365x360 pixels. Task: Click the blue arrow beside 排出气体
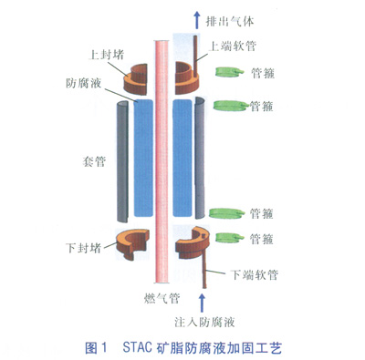pos(197,20)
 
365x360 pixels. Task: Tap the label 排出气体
pos(230,21)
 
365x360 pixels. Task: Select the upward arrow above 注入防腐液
pos(202,303)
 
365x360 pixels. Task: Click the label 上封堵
pos(106,55)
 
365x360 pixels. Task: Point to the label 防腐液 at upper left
pos(84,83)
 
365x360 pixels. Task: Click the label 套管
pos(94,161)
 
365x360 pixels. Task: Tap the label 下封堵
pos(84,248)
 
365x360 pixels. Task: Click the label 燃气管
pos(162,298)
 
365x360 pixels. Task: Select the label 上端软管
pos(233,46)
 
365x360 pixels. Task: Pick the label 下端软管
pos(255,274)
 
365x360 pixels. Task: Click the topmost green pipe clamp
pos(229,72)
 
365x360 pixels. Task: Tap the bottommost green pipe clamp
pos(229,238)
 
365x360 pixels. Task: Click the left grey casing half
pos(123,161)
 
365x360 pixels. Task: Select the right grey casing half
pos(200,158)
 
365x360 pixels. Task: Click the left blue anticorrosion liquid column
pos(143,158)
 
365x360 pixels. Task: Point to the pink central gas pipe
pos(162,161)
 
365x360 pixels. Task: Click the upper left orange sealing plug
pos(135,79)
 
